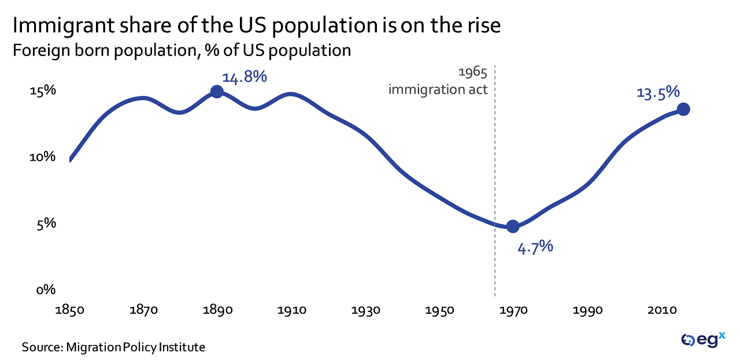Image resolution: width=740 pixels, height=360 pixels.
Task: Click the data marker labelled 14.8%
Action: (217, 91)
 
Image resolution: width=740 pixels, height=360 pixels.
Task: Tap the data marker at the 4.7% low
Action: (512, 226)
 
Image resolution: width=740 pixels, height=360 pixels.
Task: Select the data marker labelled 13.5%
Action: (683, 109)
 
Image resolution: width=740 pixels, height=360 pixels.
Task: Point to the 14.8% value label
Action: (245, 76)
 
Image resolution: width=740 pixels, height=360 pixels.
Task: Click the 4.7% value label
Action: (535, 247)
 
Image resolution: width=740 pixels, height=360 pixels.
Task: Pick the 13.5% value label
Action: (657, 92)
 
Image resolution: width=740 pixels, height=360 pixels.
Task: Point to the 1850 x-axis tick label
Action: (69, 310)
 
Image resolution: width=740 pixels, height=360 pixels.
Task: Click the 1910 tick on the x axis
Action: (292, 310)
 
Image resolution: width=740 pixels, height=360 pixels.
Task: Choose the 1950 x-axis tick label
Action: (440, 310)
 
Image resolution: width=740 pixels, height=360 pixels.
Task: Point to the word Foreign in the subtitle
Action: (42, 50)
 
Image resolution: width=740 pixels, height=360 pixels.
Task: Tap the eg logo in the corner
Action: (702, 340)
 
